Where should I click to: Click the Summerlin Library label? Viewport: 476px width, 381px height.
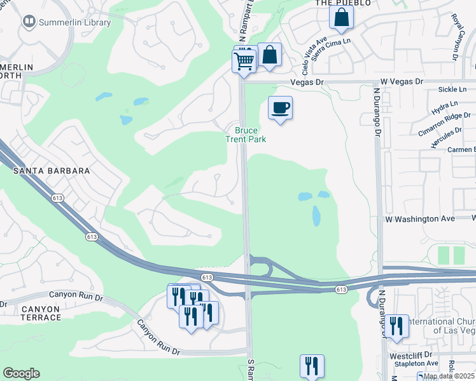pos(74,23)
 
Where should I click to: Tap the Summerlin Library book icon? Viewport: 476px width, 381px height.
pos(29,22)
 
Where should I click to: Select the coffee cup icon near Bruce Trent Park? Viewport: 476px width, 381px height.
pos(280,107)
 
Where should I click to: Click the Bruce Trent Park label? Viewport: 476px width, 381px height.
pos(247,134)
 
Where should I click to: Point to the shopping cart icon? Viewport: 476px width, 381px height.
pos(244,61)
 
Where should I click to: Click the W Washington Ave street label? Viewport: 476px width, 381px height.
pos(420,218)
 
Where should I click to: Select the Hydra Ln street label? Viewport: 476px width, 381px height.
pos(445,104)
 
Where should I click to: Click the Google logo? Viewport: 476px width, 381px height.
pos(22,373)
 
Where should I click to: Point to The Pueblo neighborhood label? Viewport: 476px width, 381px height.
pos(334,3)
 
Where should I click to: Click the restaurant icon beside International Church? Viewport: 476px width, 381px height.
pos(396,326)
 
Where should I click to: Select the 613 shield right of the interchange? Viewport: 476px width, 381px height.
pos(342,290)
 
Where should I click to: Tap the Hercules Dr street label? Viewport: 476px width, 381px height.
pos(446,137)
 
